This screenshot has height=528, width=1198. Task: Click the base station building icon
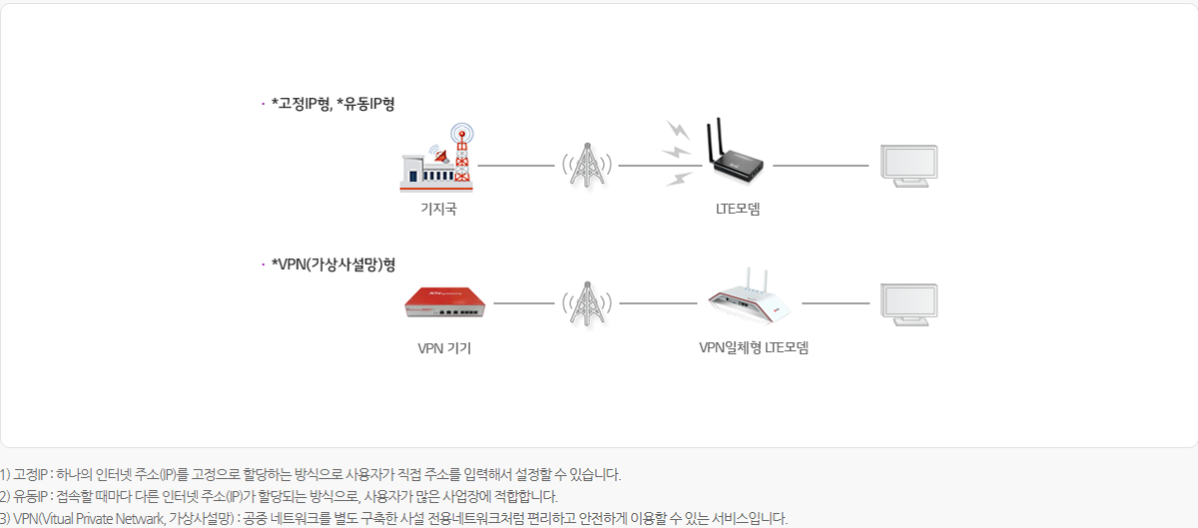(437, 158)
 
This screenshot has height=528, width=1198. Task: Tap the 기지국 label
(438, 209)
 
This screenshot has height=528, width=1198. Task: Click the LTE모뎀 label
(738, 209)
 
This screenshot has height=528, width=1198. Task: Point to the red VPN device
(445, 302)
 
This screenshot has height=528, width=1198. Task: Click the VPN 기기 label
(444, 348)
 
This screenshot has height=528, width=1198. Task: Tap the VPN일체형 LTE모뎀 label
(754, 347)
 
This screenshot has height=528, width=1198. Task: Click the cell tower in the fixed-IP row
(587, 166)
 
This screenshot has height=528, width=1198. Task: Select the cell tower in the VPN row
(587, 303)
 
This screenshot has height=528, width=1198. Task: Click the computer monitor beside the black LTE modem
(908, 166)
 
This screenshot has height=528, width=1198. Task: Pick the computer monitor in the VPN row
(908, 304)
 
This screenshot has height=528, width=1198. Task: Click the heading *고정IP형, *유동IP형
(333, 104)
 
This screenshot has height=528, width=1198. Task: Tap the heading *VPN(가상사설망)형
(333, 264)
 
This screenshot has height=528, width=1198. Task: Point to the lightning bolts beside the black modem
(678, 154)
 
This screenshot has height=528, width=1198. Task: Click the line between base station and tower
(516, 166)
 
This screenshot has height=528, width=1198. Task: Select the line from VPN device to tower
(524, 303)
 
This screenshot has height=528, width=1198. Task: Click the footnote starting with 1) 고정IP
(310, 474)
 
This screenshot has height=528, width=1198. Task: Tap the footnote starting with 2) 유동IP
(279, 496)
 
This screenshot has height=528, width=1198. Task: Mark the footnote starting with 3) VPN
(393, 518)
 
